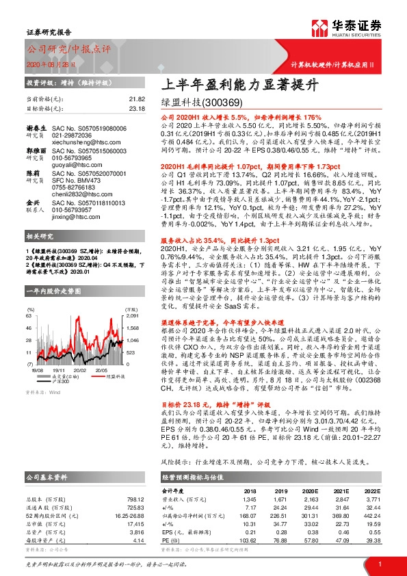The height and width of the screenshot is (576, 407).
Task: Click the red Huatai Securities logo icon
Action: (320, 27)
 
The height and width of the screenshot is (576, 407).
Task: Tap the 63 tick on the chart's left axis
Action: (28, 297)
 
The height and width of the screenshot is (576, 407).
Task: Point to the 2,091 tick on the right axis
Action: (132, 297)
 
